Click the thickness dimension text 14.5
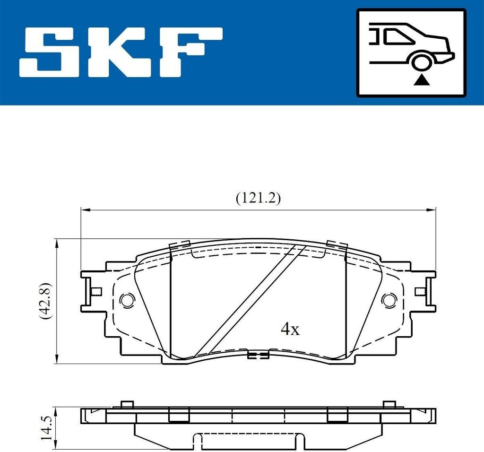pyautogui.click(x=46, y=428)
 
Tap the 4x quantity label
pyautogui.click(x=290, y=330)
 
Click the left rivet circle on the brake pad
pyautogui.click(x=127, y=300)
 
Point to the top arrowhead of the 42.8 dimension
pyautogui.click(x=57, y=242)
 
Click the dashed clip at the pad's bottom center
pyautogui.click(x=258, y=355)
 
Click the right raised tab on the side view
pyautogui.click(x=389, y=404)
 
